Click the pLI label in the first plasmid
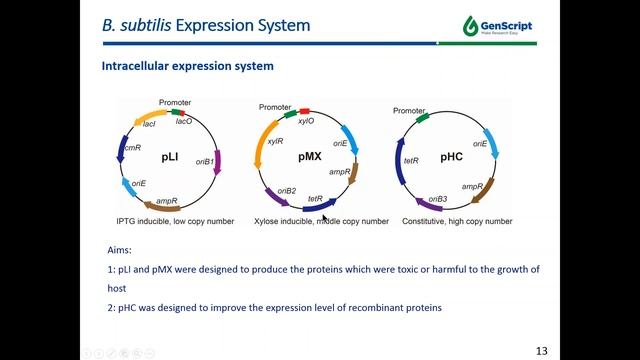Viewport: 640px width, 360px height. (170, 158)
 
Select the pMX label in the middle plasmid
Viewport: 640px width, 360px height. (310, 158)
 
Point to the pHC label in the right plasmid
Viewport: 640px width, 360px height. (451, 158)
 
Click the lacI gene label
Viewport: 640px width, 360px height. (149, 124)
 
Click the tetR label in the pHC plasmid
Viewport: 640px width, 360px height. (410, 159)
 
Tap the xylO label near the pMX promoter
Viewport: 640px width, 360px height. (306, 120)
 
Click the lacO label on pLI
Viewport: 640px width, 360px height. (184, 121)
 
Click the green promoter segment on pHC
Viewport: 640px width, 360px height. (424, 116)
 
